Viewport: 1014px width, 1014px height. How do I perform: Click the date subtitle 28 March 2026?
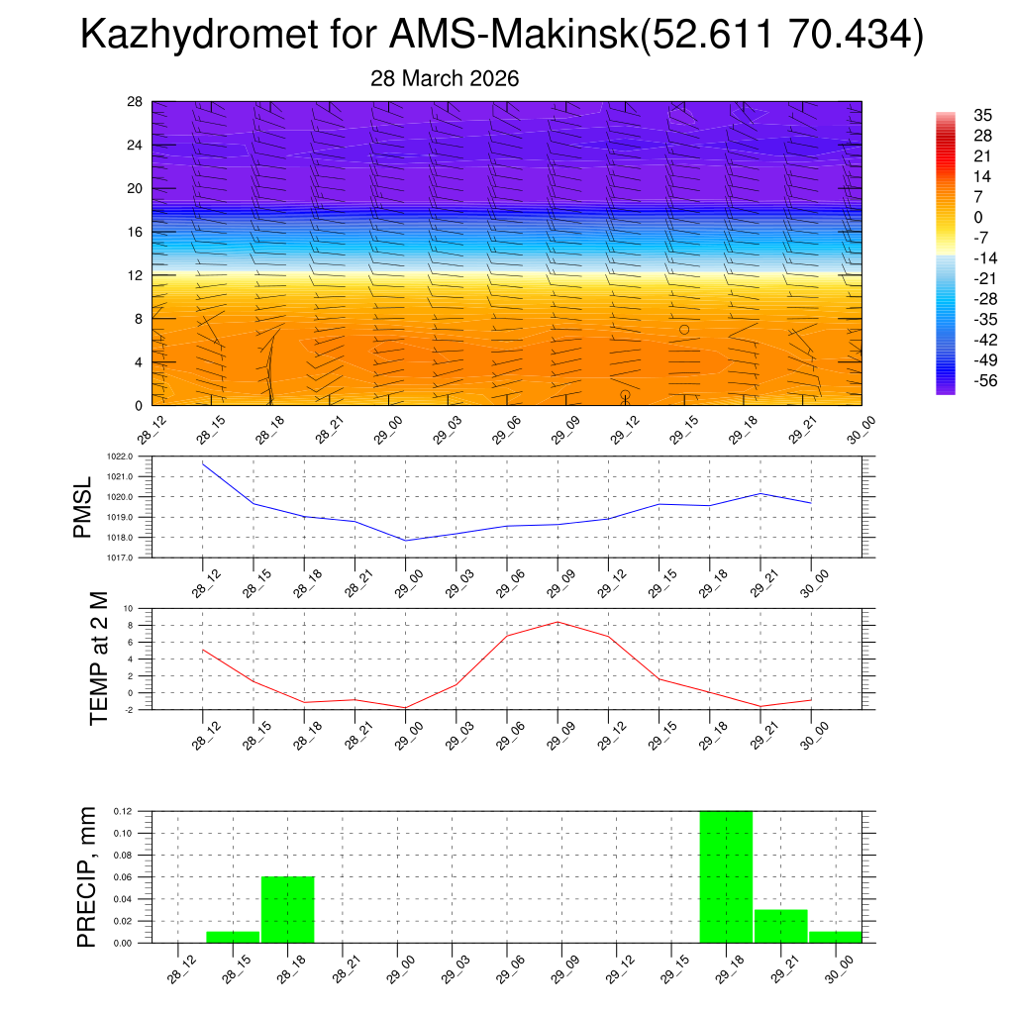(x=445, y=78)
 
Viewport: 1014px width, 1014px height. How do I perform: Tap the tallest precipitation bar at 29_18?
(x=726, y=876)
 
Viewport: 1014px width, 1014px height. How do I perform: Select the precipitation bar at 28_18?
(x=287, y=909)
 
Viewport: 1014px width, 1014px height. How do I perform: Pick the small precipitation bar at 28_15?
(x=233, y=937)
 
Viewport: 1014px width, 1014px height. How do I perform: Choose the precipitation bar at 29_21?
(x=780, y=926)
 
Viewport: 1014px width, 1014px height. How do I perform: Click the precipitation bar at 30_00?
(x=835, y=937)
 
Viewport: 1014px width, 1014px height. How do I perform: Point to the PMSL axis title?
(x=83, y=507)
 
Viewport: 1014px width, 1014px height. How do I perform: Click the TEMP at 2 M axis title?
(x=99, y=659)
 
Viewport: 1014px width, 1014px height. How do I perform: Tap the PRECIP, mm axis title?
(x=87, y=877)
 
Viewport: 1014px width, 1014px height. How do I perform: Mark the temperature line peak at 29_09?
(x=558, y=622)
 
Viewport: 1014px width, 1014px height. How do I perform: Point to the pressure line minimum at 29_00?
(x=406, y=541)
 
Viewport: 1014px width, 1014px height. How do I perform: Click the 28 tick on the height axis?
(x=136, y=101)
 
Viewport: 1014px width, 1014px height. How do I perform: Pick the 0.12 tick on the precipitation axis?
(x=122, y=811)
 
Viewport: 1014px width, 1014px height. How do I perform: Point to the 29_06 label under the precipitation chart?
(x=508, y=966)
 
